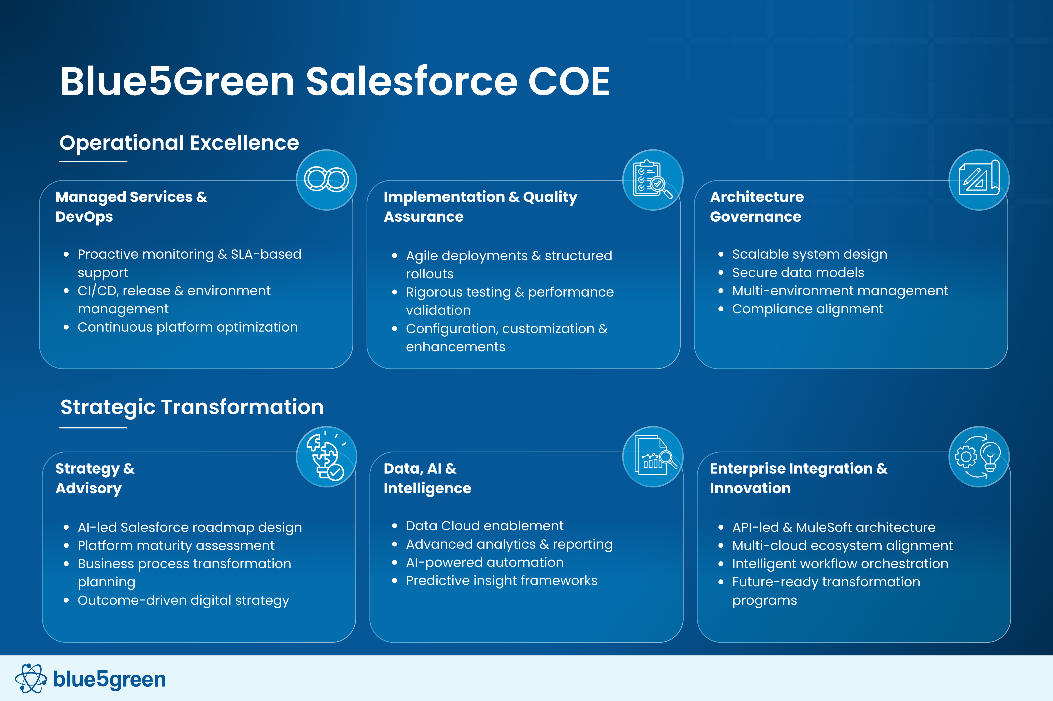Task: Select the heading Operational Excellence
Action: (x=179, y=143)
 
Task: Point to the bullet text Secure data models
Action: (x=798, y=272)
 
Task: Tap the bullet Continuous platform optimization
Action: (x=188, y=327)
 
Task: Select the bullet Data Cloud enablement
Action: (x=485, y=526)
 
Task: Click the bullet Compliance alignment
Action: (x=808, y=309)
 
